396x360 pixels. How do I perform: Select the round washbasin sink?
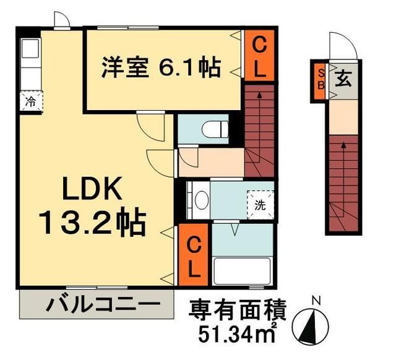(200, 200)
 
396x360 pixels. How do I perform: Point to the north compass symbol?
(315, 324)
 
